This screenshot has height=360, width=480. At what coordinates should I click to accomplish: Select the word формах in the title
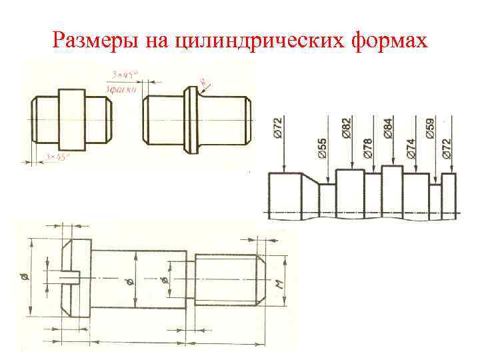pyautogui.click(x=388, y=41)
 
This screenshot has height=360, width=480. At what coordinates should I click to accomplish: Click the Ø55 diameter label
pyautogui.click(x=323, y=149)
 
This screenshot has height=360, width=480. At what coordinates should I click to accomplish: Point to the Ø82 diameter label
pyautogui.click(x=346, y=128)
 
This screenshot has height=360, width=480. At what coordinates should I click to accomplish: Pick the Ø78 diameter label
pyautogui.click(x=367, y=148)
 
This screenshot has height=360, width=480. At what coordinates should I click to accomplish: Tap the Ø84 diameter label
pyautogui.click(x=389, y=128)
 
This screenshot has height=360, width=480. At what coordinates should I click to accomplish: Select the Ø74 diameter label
pyautogui.click(x=411, y=148)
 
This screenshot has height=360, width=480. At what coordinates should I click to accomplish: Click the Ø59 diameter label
pyautogui.click(x=430, y=128)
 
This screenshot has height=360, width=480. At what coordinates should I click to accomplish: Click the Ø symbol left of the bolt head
pyautogui.click(x=25, y=275)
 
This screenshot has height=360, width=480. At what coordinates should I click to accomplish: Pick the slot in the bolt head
pyautogui.click(x=70, y=275)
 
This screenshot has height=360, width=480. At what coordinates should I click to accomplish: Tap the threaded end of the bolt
pyautogui.click(x=227, y=279)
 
